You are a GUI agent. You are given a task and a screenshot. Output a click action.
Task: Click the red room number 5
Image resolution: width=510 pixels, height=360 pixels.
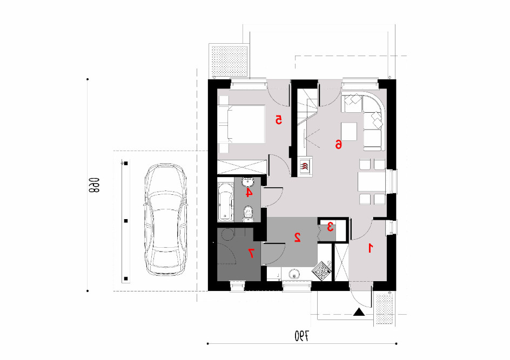click(278, 120)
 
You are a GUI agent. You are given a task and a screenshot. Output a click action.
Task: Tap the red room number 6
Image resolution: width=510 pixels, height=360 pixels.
click(339, 144)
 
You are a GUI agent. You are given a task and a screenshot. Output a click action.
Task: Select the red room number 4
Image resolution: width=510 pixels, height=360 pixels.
click(248, 193)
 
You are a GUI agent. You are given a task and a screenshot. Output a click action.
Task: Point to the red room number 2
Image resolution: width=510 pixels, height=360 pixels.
click(297, 237)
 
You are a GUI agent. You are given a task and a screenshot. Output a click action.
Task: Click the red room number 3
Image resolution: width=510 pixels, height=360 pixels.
click(330, 227)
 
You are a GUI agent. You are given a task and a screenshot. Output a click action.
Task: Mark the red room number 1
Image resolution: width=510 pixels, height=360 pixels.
click(370, 248)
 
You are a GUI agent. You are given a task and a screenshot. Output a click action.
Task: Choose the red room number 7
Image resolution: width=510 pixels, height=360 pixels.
click(251, 253)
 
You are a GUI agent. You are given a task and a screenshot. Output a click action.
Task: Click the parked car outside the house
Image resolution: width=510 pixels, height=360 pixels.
click(165, 220)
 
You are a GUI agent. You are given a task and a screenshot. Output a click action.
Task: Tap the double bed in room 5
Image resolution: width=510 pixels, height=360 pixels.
click(241, 124)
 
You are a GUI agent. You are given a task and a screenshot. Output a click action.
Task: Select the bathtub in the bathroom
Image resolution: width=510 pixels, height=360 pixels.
click(226, 202)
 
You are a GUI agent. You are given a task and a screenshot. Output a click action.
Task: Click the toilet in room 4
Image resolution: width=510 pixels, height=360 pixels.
click(248, 214)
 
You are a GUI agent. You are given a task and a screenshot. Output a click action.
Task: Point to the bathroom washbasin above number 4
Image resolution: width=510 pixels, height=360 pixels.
click(248, 181)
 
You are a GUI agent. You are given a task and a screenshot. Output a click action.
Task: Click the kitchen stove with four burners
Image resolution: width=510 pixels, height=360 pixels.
click(321, 270)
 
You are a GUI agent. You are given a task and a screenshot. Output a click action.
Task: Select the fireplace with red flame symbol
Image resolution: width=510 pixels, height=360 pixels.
click(305, 167)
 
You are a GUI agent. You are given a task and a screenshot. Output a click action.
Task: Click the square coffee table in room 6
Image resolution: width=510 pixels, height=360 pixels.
click(348, 132)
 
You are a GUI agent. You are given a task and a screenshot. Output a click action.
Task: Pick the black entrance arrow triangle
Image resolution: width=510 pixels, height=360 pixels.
click(359, 312)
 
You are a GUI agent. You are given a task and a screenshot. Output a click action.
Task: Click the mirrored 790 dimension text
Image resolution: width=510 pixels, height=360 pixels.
click(302, 336)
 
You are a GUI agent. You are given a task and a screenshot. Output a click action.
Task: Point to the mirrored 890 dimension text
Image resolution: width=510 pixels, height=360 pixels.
click(93, 185)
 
